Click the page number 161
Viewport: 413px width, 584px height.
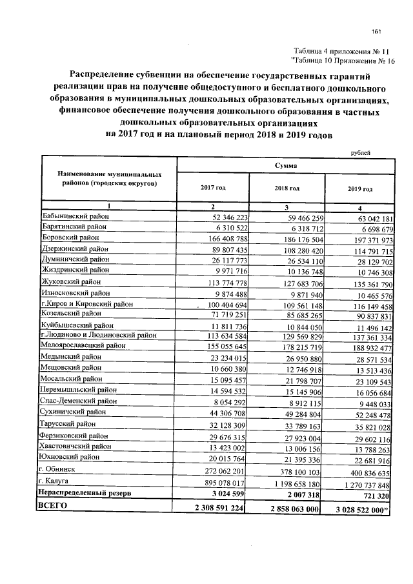click(377, 32)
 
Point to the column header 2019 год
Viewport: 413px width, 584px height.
click(360, 189)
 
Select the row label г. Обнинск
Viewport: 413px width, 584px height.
click(59, 470)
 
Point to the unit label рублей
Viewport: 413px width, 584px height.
click(362, 152)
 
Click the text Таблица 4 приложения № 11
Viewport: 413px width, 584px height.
click(342, 51)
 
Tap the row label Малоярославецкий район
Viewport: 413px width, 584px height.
click(83, 346)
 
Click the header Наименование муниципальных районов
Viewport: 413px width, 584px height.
click(108, 179)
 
